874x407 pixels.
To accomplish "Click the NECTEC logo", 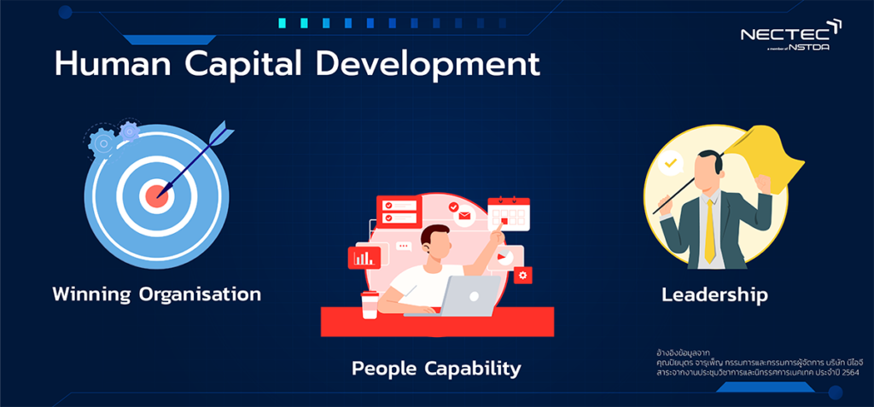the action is pyautogui.click(x=791, y=35).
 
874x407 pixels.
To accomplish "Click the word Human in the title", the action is pyautogui.click(x=114, y=65).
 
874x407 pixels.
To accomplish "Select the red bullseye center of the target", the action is pyautogui.click(x=157, y=195).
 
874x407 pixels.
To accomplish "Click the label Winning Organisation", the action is pyautogui.click(x=157, y=294).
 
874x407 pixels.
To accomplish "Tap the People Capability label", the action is pyautogui.click(x=436, y=368).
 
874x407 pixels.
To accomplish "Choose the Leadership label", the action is pyautogui.click(x=714, y=295).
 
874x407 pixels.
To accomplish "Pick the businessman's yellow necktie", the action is pyautogui.click(x=709, y=231).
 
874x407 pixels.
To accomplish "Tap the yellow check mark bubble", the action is pyautogui.click(x=671, y=163).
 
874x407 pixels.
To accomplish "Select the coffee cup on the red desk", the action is pyautogui.click(x=369, y=305).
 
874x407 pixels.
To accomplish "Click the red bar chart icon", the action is pyautogui.click(x=364, y=257).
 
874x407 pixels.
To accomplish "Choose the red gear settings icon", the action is pyautogui.click(x=523, y=275).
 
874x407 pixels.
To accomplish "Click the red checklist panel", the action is pyautogui.click(x=399, y=211).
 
